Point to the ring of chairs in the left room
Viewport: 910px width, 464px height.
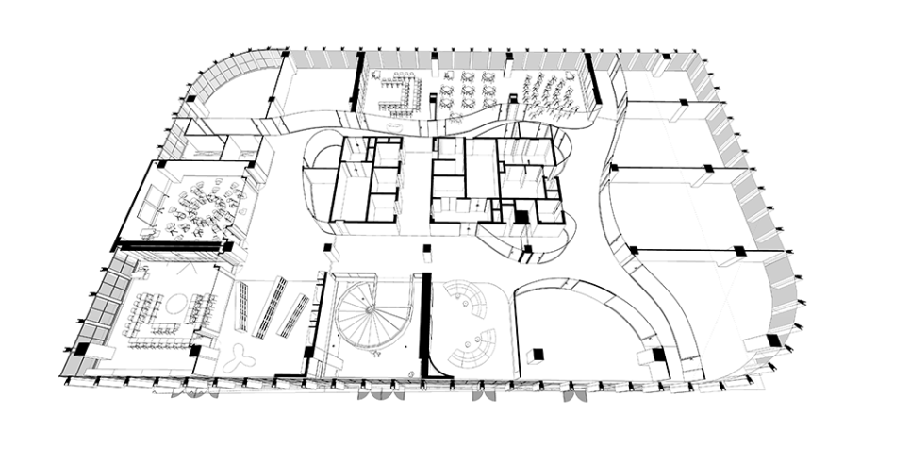(x=200, y=203)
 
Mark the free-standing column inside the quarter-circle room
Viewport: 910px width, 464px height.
(x=538, y=355)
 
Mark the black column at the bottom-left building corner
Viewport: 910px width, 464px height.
(x=82, y=348)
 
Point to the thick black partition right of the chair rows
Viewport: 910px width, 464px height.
(x=593, y=81)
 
